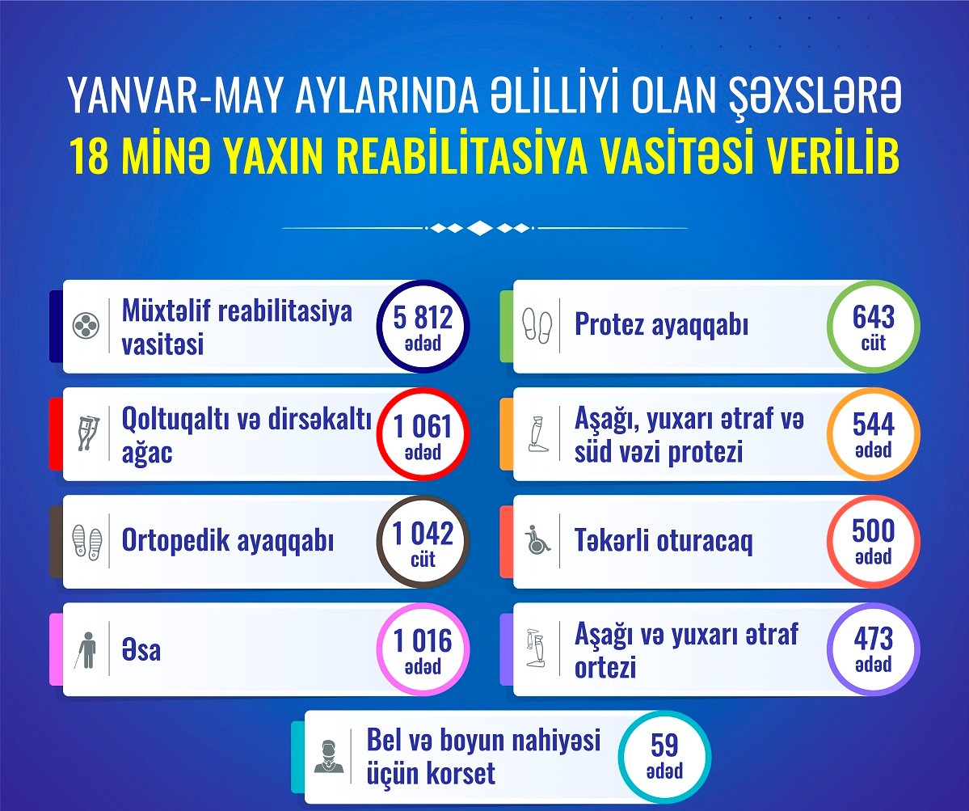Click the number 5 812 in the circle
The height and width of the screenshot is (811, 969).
click(423, 318)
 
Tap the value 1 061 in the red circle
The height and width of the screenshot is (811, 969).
click(423, 426)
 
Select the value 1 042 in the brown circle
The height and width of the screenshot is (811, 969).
click(423, 534)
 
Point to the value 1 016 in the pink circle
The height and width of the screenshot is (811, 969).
click(423, 641)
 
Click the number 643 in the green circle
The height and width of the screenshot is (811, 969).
click(873, 317)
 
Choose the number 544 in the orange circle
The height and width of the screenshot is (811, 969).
click(873, 425)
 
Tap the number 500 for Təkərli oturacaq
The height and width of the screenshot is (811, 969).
click(873, 531)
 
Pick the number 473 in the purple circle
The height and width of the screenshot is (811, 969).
click(873, 639)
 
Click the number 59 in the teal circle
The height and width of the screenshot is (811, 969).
click(664, 746)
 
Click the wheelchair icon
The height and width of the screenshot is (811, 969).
click(537, 539)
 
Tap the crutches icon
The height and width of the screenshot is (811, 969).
click(87, 433)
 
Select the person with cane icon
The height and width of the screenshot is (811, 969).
click(86, 649)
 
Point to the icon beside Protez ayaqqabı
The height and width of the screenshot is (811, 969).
click(537, 325)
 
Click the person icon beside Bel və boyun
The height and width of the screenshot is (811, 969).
click(329, 757)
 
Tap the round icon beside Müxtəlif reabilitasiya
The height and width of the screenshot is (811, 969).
click(86, 326)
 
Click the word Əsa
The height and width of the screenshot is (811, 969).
click(141, 650)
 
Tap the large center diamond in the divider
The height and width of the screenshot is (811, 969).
click(480, 228)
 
